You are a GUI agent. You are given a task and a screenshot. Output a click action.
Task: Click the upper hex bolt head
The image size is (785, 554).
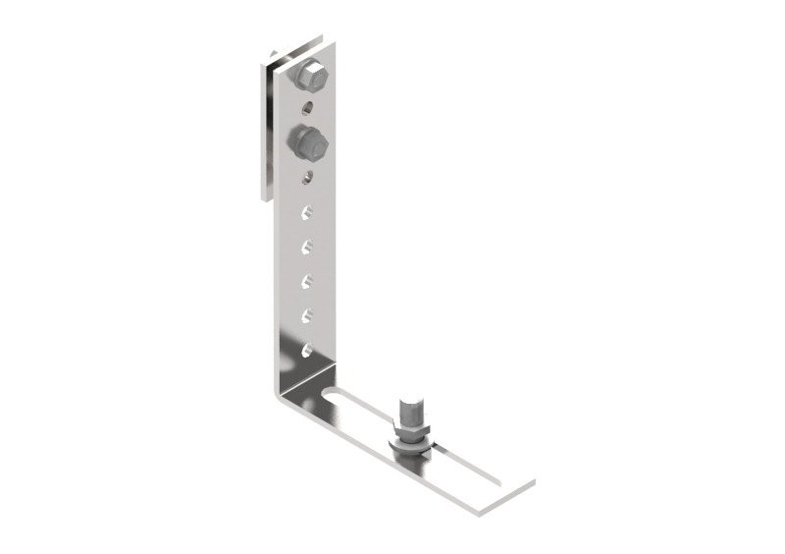pos(312,73)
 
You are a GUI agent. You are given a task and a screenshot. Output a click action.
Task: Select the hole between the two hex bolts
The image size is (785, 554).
pos(310,105)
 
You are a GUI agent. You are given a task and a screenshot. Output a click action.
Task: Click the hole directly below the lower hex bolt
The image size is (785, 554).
pos(309,178)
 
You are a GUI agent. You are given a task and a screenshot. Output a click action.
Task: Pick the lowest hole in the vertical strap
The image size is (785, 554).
pos(308,349)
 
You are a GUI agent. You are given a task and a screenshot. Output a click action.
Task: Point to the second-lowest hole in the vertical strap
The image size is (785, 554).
pos(308,315)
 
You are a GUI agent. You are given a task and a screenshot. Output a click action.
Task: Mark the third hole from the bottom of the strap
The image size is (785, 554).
pos(308,281)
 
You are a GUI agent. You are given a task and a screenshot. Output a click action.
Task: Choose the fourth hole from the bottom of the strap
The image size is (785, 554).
pos(308,246)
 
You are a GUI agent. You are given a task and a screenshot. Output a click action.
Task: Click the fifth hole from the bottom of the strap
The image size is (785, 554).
pos(308,211)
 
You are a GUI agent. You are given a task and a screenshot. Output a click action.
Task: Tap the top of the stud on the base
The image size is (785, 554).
pos(409,405)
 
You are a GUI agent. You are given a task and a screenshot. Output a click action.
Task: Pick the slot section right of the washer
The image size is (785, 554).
pos(446,455)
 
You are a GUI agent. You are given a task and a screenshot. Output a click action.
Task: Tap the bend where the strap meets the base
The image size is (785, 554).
pos(288,393)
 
